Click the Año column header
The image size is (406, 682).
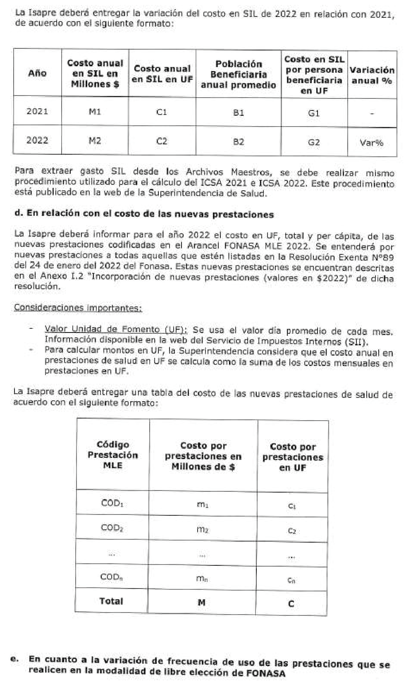[37, 73]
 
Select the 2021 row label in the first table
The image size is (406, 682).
[37, 111]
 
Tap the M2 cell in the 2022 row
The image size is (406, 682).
[95, 141]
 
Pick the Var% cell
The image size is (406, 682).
[372, 143]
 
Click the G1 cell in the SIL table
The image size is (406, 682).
[314, 113]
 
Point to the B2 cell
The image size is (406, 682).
[238, 142]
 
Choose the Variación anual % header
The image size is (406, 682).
[372, 75]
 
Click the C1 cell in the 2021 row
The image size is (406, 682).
[162, 112]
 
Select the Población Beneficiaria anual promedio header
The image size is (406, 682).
[238, 74]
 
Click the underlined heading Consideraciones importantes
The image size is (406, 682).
[78, 308]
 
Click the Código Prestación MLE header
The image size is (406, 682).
[112, 455]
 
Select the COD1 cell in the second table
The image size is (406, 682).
[112, 503]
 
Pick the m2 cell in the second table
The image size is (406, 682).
[202, 529]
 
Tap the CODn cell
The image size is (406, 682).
[112, 577]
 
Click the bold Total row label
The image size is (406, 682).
[111, 601]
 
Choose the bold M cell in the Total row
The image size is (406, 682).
[201, 603]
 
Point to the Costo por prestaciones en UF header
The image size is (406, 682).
[292, 457]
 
